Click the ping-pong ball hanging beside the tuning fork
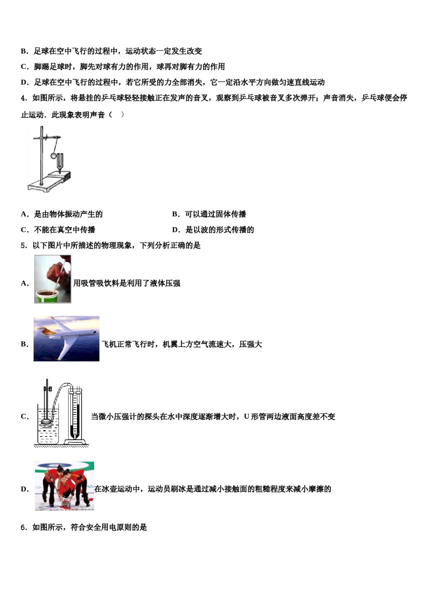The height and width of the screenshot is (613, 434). coord(53,156)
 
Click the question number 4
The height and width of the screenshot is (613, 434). coord(23,98)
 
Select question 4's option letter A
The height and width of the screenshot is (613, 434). coord(24,214)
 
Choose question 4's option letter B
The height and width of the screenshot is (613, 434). coord(175,214)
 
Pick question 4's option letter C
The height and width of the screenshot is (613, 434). coord(24,230)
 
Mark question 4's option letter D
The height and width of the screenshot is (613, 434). coord(175,230)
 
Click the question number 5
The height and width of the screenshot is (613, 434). coord(23,245)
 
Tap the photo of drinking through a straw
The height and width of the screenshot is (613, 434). coord(53,279)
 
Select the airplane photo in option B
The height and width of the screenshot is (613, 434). coord(66,338)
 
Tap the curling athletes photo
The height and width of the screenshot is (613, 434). coord(64,486)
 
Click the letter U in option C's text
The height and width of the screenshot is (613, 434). coord(246,416)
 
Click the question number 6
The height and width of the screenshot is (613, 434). coord(23,527)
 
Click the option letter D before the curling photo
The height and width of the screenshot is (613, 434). coord(24,489)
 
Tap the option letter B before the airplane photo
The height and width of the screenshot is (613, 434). coord(24,344)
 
